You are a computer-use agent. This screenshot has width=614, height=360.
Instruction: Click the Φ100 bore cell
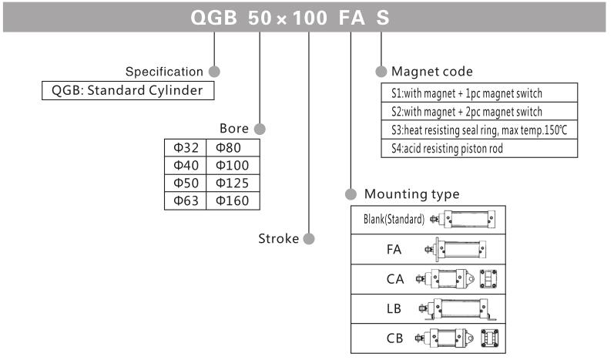tap(233, 165)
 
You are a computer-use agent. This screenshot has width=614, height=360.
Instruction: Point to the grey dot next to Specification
tap(214, 72)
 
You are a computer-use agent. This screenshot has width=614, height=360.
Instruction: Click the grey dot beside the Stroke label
tap(309, 238)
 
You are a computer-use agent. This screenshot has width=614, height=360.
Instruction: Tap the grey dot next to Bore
tap(260, 128)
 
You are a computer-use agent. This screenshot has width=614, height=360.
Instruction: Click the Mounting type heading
tap(411, 193)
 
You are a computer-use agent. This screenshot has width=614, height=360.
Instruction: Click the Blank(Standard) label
tap(394, 219)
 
